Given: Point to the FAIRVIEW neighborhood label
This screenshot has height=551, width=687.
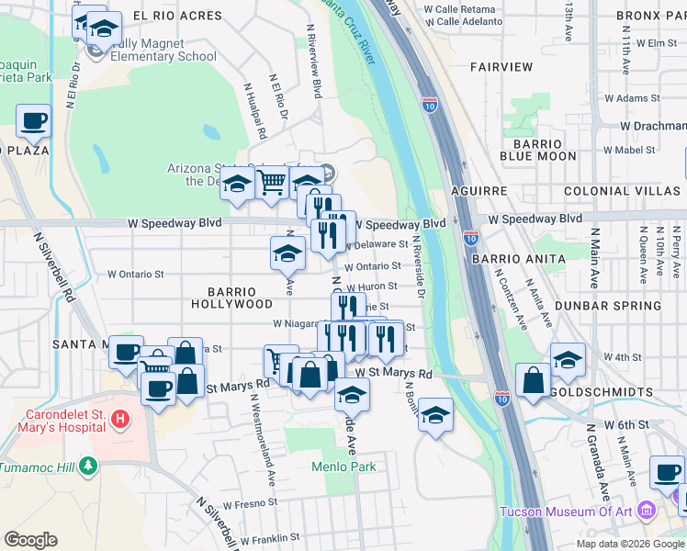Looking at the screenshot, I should (x=501, y=67).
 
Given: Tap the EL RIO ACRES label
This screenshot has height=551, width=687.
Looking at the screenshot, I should (x=177, y=16).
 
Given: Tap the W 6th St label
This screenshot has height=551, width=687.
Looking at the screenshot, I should (x=626, y=425).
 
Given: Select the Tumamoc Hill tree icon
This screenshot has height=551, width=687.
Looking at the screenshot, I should (x=88, y=466).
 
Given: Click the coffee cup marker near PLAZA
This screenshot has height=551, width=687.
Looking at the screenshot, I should (x=33, y=120).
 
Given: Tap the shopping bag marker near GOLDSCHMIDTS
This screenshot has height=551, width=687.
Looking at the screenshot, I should (x=533, y=379).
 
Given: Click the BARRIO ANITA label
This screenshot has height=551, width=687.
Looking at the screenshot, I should (x=519, y=259).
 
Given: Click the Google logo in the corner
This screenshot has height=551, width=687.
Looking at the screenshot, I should (x=31, y=540).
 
